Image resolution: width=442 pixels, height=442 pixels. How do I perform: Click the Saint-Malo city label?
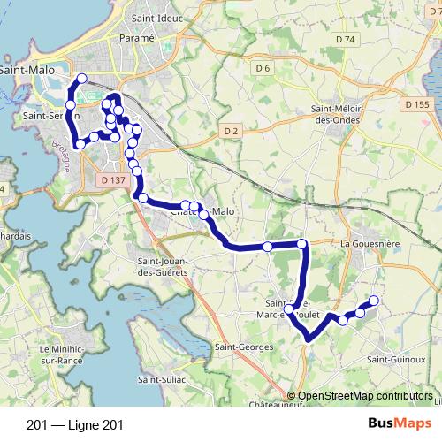pyautogui.click(x=26, y=68)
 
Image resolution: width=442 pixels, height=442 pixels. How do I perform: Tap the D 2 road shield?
pyautogui.click(x=232, y=131)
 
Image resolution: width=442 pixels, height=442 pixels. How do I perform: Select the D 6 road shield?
pyautogui.click(x=262, y=68)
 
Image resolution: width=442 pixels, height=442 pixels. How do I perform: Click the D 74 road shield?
pyautogui.click(x=345, y=41)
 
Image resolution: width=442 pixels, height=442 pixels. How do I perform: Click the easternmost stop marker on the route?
pyautogui.click(x=373, y=301)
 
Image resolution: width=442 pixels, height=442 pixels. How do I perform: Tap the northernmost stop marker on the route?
pyautogui.click(x=82, y=79)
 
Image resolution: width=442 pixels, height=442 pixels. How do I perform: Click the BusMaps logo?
pyautogui.click(x=397, y=423)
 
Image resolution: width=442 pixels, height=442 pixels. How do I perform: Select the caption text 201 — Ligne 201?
pyautogui.click(x=75, y=424)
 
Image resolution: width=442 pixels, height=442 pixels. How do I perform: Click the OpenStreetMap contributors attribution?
pyautogui.click(x=365, y=397)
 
